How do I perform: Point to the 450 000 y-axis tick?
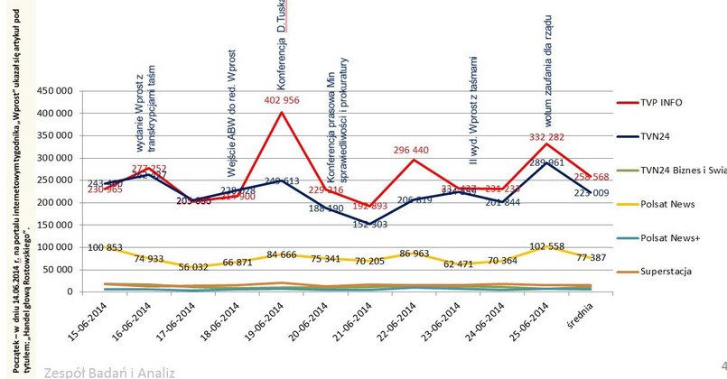53,91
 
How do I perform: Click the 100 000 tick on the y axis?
53,247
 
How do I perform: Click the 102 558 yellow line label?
548,246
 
